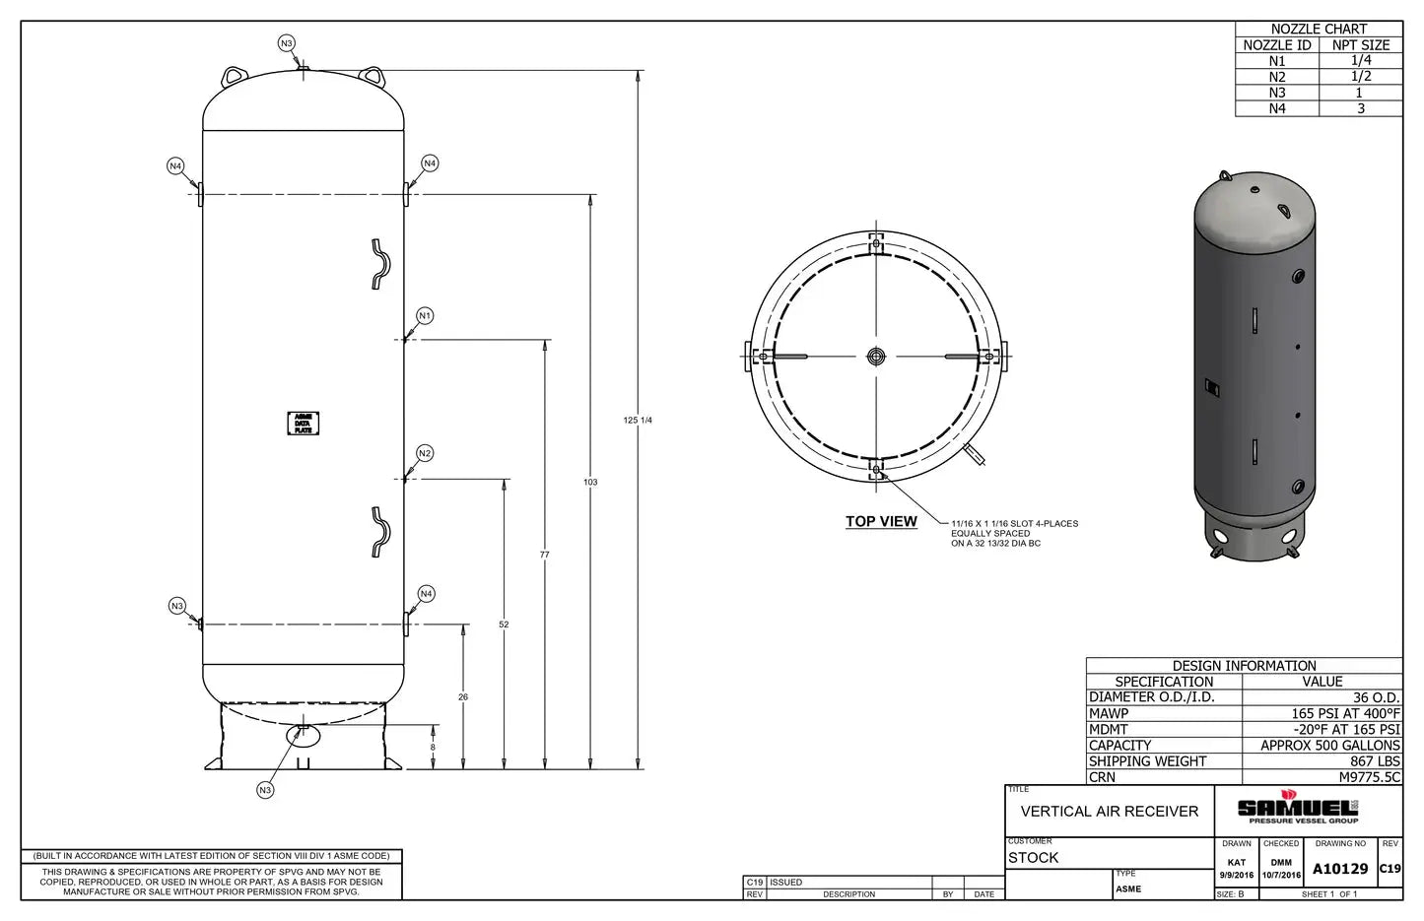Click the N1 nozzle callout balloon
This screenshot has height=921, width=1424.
[425, 315]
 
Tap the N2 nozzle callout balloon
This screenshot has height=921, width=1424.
[425, 453]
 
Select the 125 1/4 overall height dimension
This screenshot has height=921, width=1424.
[639, 421]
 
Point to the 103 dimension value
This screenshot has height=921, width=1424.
[590, 483]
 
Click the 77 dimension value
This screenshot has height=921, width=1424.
[545, 556]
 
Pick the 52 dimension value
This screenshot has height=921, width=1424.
[504, 625]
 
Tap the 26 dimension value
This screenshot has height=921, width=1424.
[463, 697]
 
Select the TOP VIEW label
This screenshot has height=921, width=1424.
[881, 522]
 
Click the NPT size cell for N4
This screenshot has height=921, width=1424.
[1360, 108]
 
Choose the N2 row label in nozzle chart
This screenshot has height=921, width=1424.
[1277, 77]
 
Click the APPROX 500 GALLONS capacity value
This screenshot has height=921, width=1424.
[1330, 746]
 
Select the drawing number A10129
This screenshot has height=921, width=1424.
[1340, 869]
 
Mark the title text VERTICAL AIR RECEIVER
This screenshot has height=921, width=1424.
[1110, 812]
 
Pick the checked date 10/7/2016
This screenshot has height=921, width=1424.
[1281, 875]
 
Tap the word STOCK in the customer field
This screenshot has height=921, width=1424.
[1034, 858]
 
